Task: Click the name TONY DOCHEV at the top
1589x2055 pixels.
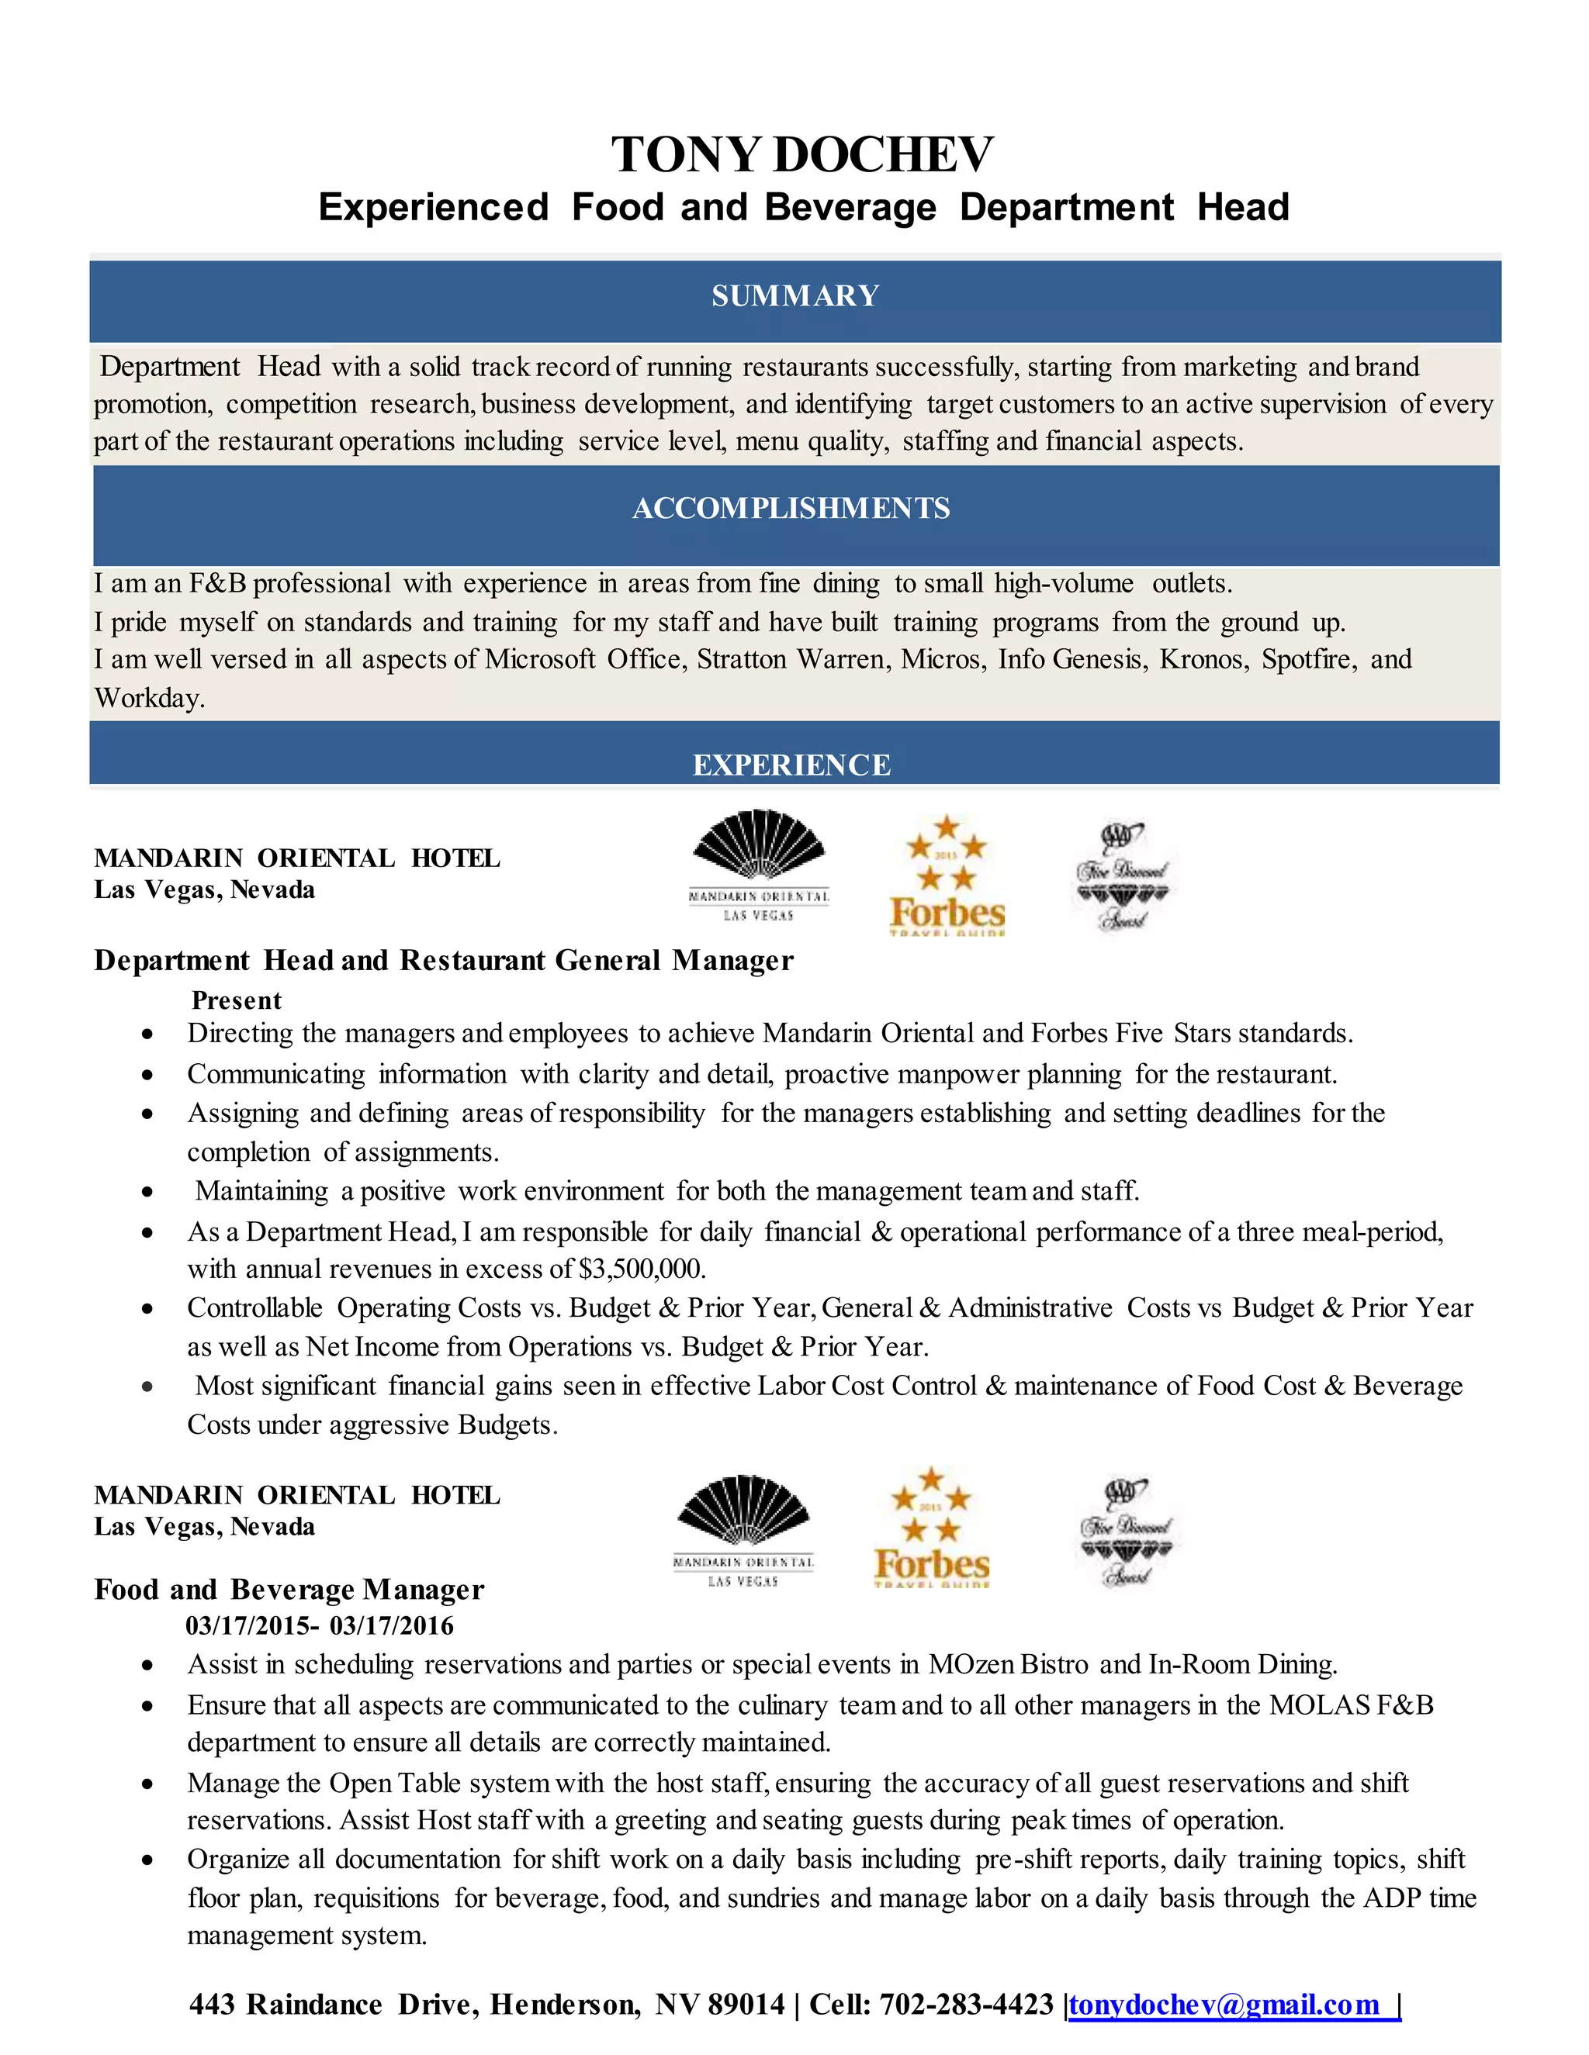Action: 802,155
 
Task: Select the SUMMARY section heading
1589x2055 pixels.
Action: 794,296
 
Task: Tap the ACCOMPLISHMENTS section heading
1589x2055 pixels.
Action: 791,508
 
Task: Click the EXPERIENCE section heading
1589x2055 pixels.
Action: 791,765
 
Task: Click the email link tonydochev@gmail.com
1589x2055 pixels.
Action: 1224,2005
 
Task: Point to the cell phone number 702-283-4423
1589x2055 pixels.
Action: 966,2005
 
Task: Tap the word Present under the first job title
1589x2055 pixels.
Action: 237,1000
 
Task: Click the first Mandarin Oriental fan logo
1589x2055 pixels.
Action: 759,863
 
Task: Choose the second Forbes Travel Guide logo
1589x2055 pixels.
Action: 931,1529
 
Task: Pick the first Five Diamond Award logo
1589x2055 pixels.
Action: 1122,877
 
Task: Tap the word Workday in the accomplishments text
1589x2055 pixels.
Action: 149,698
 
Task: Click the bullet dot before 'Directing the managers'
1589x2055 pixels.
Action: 147,1034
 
